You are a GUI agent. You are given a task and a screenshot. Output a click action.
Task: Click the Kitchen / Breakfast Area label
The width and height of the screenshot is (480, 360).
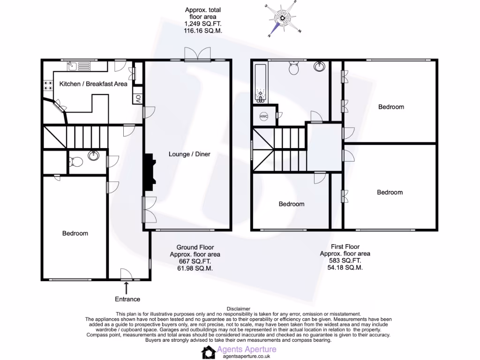tap(93, 84)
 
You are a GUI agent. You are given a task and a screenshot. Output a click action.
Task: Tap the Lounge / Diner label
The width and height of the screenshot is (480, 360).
tap(189, 154)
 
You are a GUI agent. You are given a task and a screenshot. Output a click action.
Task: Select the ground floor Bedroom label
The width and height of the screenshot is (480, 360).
tap(75, 233)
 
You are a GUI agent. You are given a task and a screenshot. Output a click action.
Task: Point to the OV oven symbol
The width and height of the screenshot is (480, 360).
tap(138, 99)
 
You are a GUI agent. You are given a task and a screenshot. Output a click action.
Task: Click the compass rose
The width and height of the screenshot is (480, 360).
tap(283, 19)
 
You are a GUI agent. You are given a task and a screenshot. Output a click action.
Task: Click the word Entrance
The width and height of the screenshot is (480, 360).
tap(127, 299)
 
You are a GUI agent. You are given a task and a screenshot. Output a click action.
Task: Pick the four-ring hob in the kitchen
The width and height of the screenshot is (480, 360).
tap(48, 85)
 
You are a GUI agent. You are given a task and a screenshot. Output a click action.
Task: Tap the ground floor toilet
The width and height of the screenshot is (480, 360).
tap(76, 162)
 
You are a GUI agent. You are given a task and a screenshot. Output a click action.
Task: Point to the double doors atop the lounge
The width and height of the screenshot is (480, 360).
tap(197, 55)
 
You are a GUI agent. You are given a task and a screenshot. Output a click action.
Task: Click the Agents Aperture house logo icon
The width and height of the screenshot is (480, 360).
tap(209, 352)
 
